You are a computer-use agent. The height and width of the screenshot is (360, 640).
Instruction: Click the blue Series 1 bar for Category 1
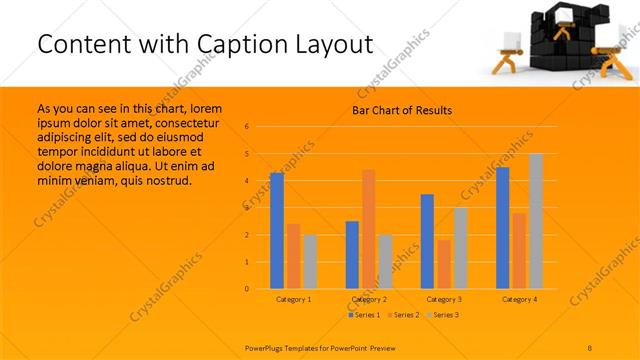[x=277, y=231]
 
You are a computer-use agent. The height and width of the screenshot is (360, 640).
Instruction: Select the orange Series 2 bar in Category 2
[x=369, y=229]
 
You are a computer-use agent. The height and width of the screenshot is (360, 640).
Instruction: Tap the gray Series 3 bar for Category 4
[x=536, y=221]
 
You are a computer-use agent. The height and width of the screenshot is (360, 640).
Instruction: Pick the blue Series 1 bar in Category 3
[x=427, y=241]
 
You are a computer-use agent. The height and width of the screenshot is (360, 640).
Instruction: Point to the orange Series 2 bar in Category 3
[x=444, y=264]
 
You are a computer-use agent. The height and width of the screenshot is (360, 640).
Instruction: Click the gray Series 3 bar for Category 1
[x=310, y=262]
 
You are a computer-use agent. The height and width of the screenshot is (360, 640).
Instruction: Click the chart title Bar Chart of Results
[x=401, y=110]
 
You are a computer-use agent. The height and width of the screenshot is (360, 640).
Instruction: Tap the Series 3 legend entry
[x=444, y=315]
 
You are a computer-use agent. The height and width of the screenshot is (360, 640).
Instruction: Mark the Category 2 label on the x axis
[x=369, y=299]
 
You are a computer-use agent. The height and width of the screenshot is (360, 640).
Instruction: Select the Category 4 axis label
[x=519, y=299]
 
